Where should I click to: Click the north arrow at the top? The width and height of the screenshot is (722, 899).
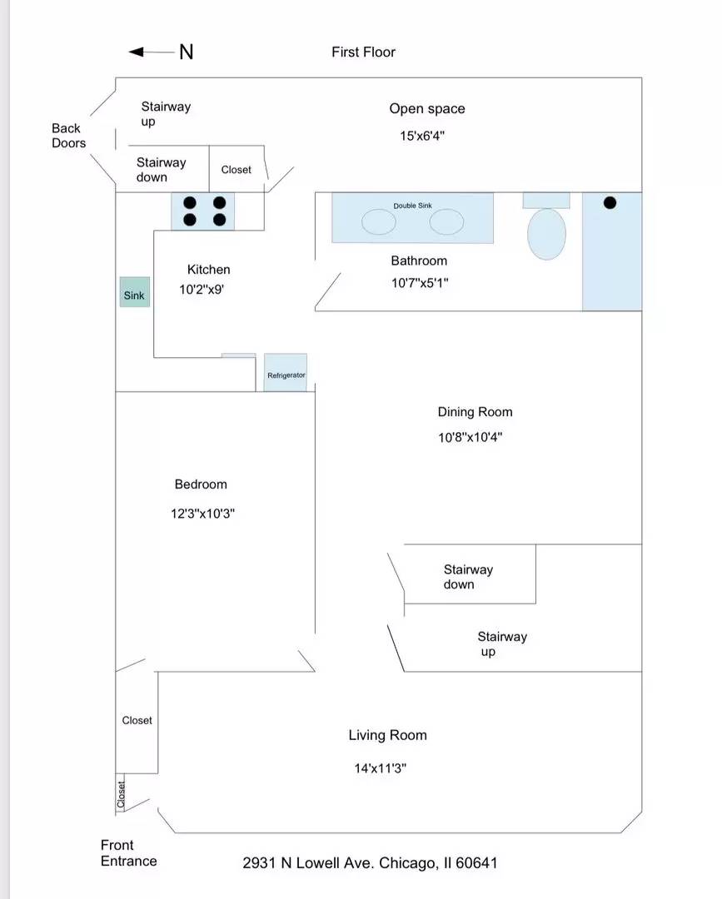(x=152, y=52)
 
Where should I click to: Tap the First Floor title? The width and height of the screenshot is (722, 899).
(x=364, y=52)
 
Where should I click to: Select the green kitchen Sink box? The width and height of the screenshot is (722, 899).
(x=135, y=292)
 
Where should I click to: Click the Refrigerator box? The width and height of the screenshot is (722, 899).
(x=286, y=373)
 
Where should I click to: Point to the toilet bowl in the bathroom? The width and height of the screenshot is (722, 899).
(x=546, y=234)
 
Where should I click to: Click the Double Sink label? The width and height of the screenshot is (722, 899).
(x=412, y=206)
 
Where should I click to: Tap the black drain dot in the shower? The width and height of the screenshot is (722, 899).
(x=610, y=202)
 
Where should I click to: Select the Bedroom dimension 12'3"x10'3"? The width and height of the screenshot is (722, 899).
(x=202, y=513)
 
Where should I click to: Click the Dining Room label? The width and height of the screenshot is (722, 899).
(x=475, y=412)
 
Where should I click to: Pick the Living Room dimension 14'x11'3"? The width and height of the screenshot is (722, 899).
(x=381, y=768)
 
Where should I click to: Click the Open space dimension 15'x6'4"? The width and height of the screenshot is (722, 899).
(x=422, y=136)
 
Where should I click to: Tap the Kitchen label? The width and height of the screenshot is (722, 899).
(x=209, y=270)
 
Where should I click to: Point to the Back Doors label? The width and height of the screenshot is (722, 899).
(x=69, y=136)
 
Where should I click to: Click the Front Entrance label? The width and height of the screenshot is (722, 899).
(x=128, y=852)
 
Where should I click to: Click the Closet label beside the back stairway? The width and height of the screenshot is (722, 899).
(x=237, y=170)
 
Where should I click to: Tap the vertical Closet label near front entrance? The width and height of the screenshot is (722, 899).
(x=121, y=794)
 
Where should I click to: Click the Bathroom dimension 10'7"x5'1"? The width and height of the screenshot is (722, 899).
(x=420, y=283)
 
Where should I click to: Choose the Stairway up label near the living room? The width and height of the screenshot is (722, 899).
(x=502, y=643)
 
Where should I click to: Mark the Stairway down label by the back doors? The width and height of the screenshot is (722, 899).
(x=162, y=170)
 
